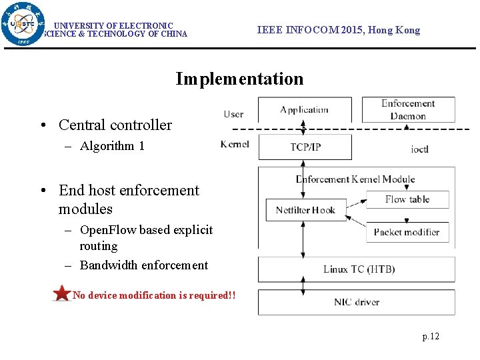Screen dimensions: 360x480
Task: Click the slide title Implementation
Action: pos(239,79)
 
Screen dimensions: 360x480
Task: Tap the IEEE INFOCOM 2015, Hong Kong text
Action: pos(339,30)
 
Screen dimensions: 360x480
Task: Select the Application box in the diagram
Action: pos(305,109)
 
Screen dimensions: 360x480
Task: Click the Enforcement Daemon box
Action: pos(408,109)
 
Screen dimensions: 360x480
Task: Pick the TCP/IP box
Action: pos(305,147)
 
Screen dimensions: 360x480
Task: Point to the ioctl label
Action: pos(419,149)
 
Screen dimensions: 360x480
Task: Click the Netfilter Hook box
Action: pos(305,210)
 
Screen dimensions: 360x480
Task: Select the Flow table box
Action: pos(407,199)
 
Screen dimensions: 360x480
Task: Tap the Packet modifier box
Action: pos(407,232)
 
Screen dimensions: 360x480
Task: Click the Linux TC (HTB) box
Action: pos(359,269)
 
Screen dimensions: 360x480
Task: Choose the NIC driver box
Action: pos(357,302)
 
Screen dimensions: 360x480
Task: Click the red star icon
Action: pos(62,293)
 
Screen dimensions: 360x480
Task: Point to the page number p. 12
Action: pos(431,336)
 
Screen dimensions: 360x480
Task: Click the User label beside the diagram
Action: pos(233,114)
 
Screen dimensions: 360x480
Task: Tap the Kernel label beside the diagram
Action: pos(235,144)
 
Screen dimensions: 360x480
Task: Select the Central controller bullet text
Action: pos(115,125)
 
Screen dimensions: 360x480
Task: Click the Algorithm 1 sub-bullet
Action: pos(111,146)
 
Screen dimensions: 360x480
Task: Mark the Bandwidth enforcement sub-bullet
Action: pos(143,265)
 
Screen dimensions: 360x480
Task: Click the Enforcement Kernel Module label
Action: pos(355,179)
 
